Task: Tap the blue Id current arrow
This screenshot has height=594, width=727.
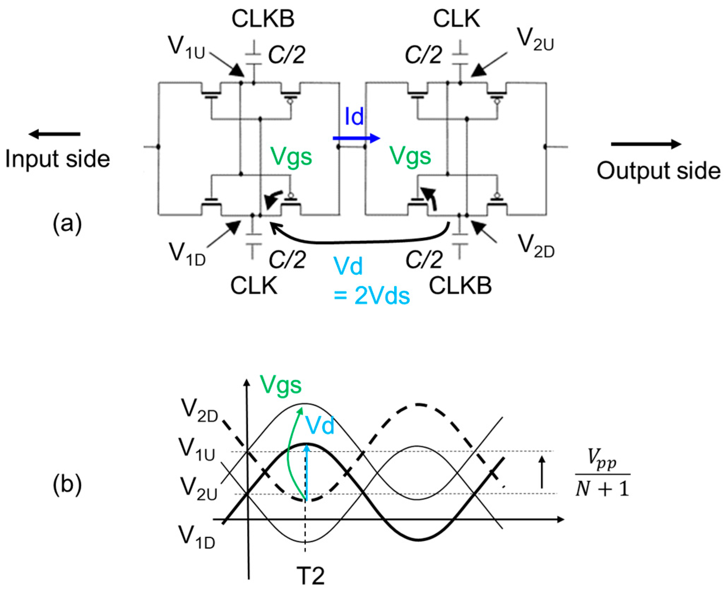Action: click(356, 138)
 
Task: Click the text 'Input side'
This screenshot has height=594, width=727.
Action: click(58, 159)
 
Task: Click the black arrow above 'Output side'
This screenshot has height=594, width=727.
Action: click(646, 144)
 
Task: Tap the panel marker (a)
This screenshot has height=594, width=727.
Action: click(67, 224)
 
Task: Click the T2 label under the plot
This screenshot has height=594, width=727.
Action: click(311, 575)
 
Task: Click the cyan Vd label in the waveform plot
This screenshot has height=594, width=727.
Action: click(320, 425)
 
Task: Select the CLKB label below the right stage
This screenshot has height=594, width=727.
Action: click(460, 286)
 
